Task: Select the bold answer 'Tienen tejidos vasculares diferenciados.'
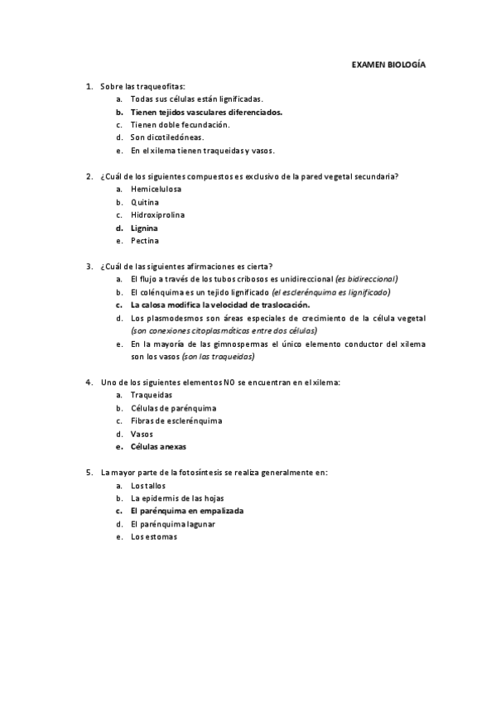(x=205, y=112)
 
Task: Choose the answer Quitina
(x=145, y=202)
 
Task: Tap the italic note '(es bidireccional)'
(x=366, y=279)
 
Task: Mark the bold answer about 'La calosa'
(x=219, y=305)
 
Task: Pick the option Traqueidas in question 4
(x=152, y=395)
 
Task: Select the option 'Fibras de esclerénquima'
(x=176, y=421)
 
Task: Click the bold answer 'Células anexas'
(x=158, y=447)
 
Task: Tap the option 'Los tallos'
(x=149, y=485)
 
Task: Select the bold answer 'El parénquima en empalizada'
(x=187, y=511)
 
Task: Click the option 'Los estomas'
(x=153, y=536)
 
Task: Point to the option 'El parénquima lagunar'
(x=177, y=524)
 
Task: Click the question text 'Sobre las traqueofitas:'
(x=142, y=86)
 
